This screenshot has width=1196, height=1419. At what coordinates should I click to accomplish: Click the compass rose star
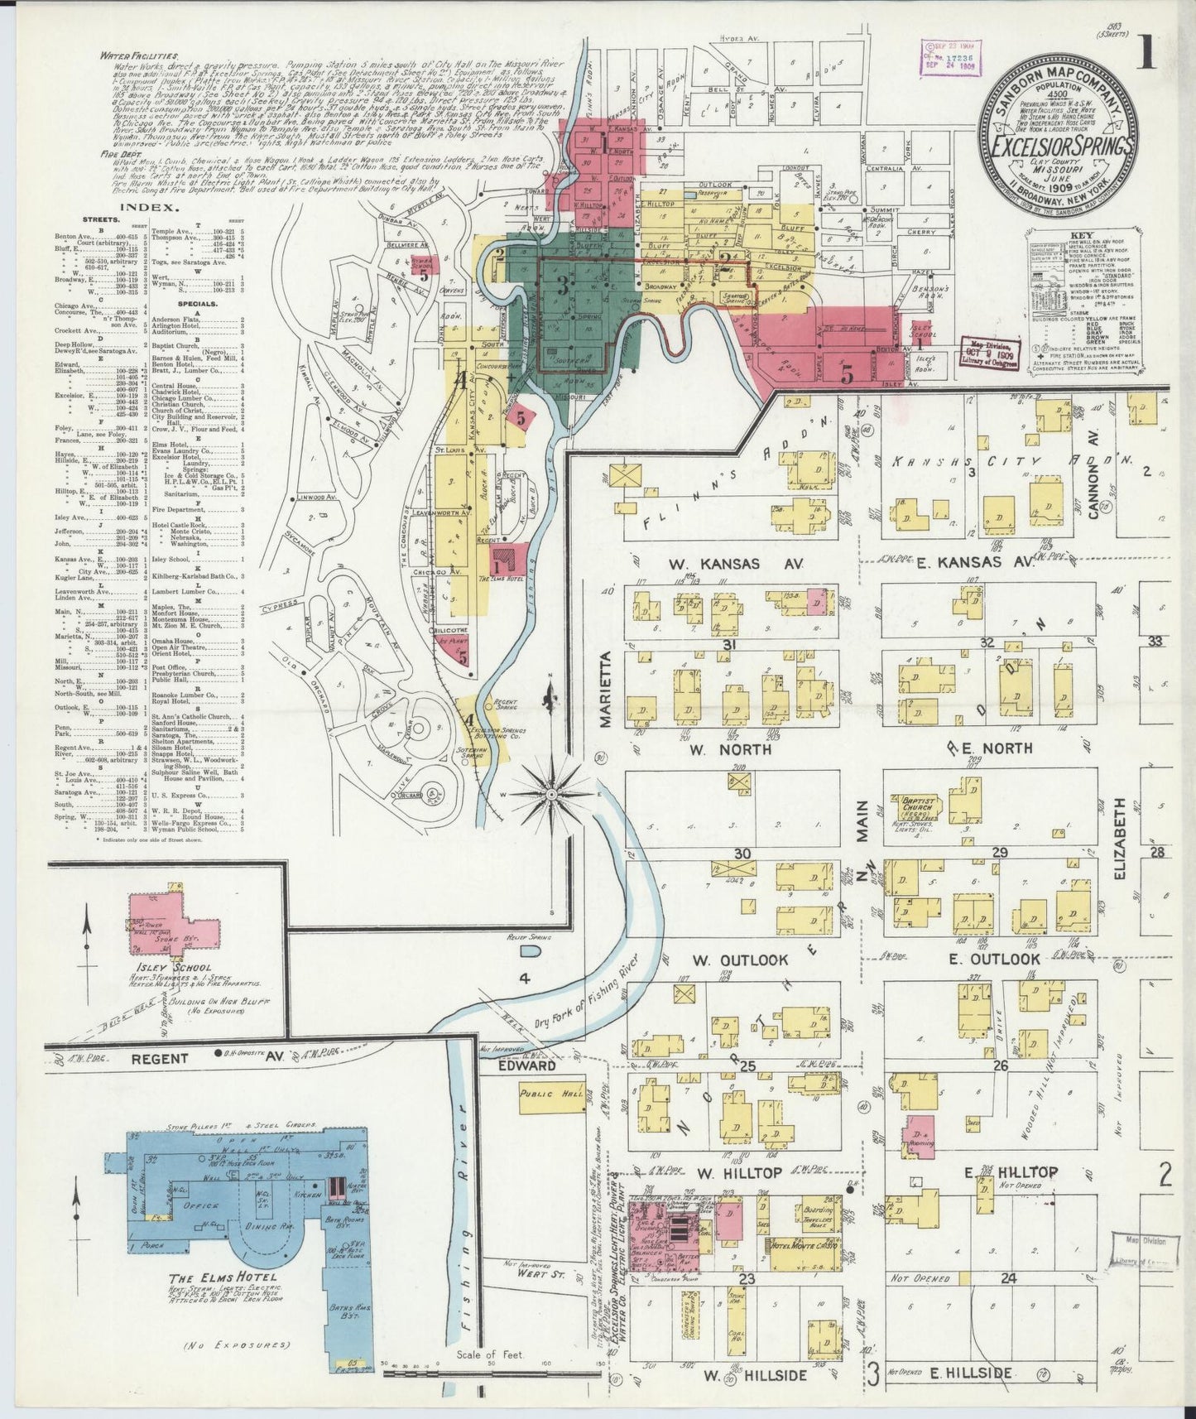[x=550, y=794]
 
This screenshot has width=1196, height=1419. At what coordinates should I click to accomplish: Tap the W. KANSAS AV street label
[x=725, y=563]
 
